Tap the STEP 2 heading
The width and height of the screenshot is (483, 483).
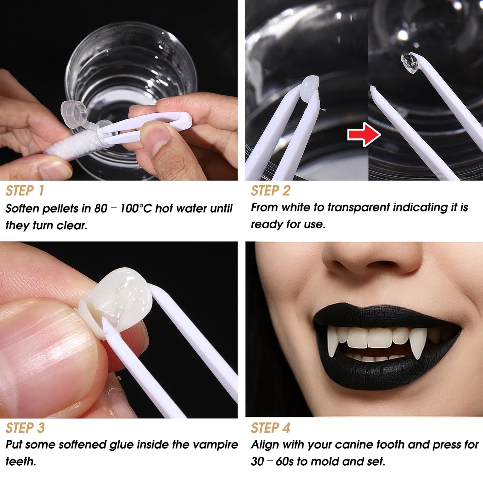click(271, 191)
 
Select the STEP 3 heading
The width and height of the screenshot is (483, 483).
click(25, 428)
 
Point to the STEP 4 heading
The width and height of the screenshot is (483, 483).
click(271, 428)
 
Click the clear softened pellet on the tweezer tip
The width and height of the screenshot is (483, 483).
click(410, 63)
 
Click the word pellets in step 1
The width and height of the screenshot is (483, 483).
click(62, 209)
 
